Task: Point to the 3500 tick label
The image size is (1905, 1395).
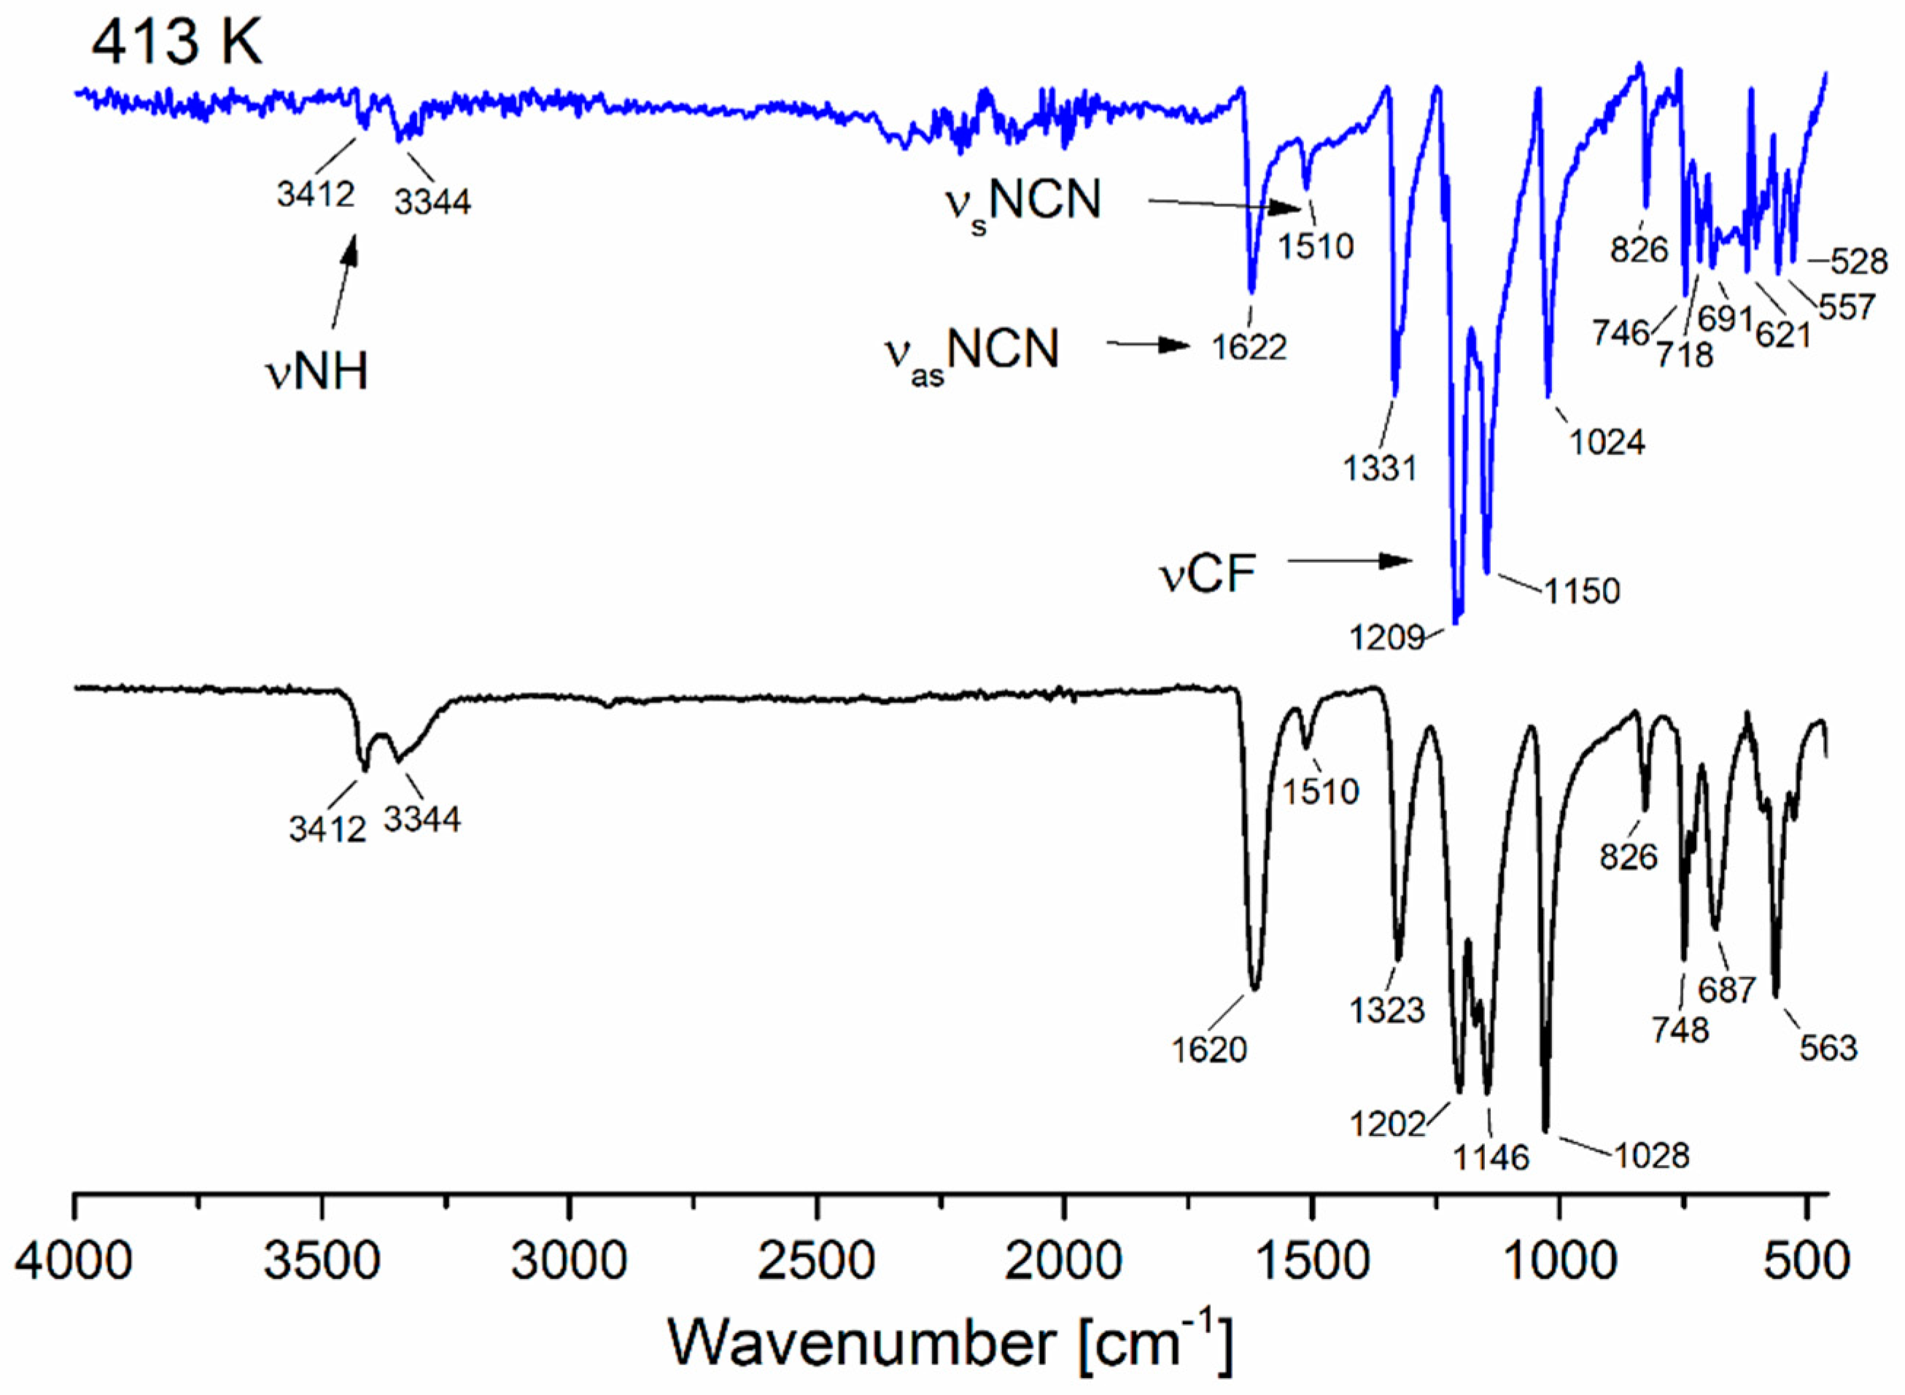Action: point(321,1262)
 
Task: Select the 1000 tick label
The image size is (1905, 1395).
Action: point(1558,1262)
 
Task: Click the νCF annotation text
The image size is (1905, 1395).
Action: point(1208,575)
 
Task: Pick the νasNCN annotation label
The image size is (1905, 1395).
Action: point(971,353)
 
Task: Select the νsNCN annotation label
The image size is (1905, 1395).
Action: point(1023,204)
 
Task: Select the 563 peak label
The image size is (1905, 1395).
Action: point(1828,1048)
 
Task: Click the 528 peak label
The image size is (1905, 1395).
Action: point(1858,262)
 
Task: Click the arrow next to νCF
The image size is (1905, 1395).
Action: point(1349,561)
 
